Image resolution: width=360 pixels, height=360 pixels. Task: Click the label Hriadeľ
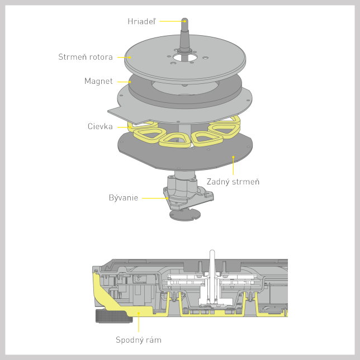click(x=141, y=21)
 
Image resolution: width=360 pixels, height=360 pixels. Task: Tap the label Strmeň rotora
click(x=86, y=57)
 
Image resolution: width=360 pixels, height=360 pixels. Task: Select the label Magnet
click(x=98, y=81)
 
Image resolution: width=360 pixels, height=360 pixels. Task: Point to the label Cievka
click(x=100, y=126)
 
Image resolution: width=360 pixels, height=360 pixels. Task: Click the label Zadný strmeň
click(x=233, y=182)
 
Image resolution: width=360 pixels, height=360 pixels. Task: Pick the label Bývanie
click(x=124, y=198)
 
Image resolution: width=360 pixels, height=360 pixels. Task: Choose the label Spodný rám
click(x=139, y=340)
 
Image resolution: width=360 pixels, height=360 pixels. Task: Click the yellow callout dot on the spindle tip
click(x=185, y=21)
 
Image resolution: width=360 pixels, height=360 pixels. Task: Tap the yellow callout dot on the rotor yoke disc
click(x=130, y=58)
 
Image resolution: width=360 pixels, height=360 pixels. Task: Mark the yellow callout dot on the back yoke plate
click(x=233, y=157)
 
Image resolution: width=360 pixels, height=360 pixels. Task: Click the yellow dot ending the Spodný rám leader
click(x=139, y=313)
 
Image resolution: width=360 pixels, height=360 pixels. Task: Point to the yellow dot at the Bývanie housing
click(x=167, y=198)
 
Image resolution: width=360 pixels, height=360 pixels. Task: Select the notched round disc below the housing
click(x=185, y=215)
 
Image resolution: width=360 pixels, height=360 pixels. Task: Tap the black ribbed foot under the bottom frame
click(x=114, y=316)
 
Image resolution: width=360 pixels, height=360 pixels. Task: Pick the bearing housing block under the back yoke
click(x=188, y=192)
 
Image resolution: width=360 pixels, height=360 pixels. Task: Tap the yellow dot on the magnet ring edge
click(x=130, y=82)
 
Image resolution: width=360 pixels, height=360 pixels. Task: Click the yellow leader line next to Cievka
click(x=124, y=127)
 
